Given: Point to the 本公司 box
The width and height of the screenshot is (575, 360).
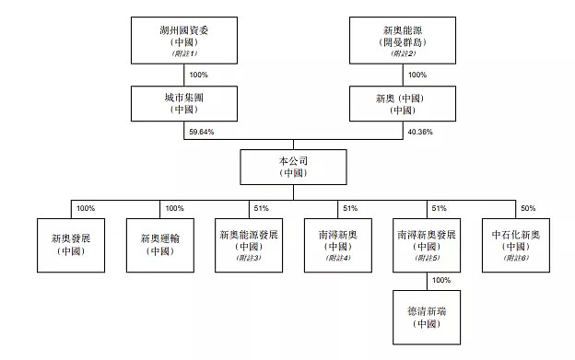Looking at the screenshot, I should coord(292,166).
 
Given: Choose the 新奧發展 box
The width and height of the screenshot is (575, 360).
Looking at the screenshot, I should coord(70,244).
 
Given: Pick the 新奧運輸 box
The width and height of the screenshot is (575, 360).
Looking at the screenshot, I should coord(160,244).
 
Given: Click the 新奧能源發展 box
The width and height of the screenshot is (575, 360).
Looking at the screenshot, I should coord(249,244).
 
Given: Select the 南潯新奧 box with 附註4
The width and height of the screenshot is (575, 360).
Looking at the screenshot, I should coord(338,244).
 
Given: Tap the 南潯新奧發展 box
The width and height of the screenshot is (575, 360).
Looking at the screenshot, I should coord(428,244).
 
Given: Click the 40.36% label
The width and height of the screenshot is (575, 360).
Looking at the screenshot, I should coord(418,132).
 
